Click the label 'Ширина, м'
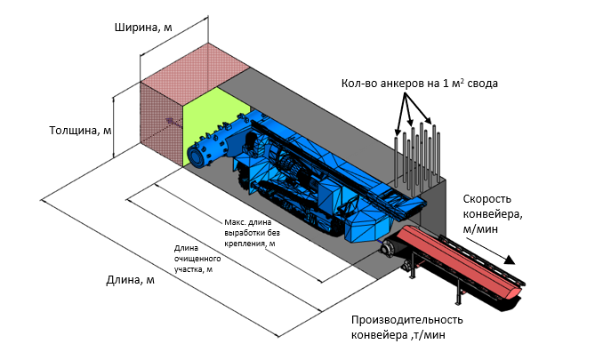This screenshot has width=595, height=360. (x=143, y=28)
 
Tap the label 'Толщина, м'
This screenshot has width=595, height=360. (x=80, y=131)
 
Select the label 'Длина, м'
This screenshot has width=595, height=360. (x=130, y=280)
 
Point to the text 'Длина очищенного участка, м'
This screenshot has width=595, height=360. (x=197, y=259)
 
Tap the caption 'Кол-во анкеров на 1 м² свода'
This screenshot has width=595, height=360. (x=419, y=83)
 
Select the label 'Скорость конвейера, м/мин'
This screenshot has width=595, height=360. (x=493, y=214)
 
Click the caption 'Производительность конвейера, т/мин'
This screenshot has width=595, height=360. (x=406, y=327)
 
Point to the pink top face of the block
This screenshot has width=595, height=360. (x=195, y=62)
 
